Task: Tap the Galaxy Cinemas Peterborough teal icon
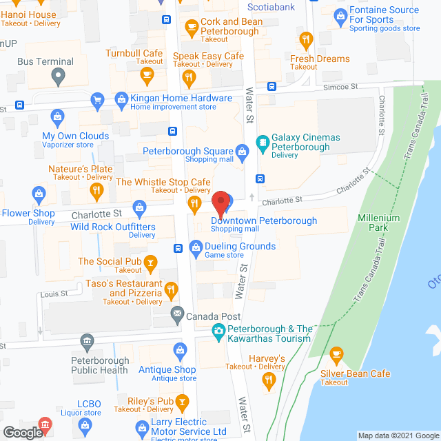(x=263, y=143)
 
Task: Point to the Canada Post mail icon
(x=178, y=314)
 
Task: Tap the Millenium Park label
(x=378, y=223)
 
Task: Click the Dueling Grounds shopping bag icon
(x=196, y=246)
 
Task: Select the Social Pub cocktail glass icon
(x=150, y=262)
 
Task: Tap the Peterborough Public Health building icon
(x=87, y=340)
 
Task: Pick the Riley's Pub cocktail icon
(x=182, y=401)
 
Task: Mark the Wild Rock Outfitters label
(x=112, y=227)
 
